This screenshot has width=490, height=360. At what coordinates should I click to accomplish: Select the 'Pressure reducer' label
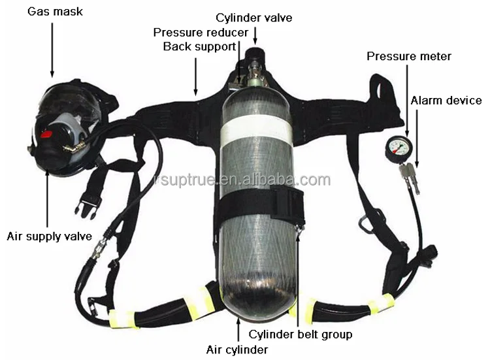[201, 32]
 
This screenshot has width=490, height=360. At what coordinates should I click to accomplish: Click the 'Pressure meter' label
[408, 57]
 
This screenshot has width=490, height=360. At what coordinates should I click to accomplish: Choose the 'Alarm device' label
[446, 101]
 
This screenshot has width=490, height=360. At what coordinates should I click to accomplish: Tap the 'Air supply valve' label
[50, 236]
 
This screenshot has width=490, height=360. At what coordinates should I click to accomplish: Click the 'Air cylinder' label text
[238, 350]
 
